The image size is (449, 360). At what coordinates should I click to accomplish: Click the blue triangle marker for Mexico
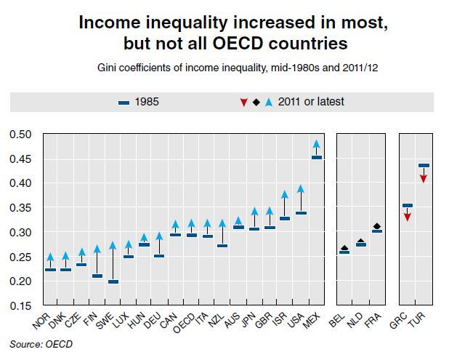point(317,144)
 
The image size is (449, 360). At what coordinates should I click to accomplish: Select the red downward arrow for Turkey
point(424,179)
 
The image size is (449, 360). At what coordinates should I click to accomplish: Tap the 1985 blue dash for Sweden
point(113,281)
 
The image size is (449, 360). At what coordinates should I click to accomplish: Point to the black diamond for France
point(377,226)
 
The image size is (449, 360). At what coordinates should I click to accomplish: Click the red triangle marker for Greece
point(408,217)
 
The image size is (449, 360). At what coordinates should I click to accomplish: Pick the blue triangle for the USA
point(301,189)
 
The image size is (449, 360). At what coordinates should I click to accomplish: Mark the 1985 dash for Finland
point(97,276)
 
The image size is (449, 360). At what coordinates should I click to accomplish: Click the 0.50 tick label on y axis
point(20,134)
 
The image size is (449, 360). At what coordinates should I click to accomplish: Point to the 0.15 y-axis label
point(20,306)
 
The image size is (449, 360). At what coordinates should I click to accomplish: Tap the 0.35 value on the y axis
point(20,208)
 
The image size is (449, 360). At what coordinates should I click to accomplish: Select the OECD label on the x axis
point(184,323)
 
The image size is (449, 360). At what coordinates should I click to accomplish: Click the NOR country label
point(41,321)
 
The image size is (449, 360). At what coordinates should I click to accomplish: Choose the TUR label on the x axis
point(416,320)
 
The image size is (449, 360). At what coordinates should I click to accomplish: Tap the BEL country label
point(337,320)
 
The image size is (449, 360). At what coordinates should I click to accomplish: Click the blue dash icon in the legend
point(124,103)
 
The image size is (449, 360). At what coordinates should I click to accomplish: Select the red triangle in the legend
point(243,103)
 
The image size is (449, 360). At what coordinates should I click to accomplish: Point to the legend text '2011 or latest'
point(311,102)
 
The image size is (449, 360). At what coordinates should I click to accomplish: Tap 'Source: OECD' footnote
point(41,344)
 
